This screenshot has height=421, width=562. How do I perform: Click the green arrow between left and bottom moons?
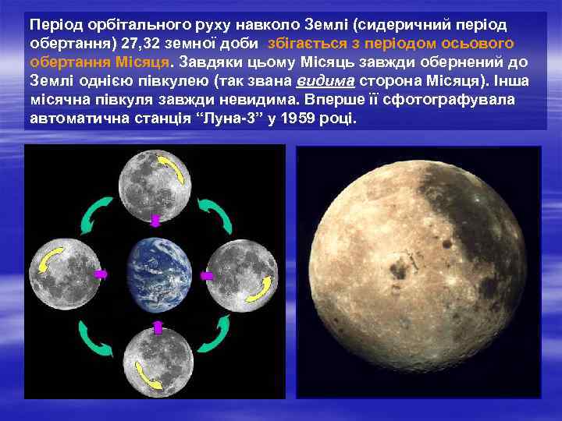95,340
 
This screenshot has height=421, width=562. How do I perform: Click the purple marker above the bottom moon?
157,327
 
